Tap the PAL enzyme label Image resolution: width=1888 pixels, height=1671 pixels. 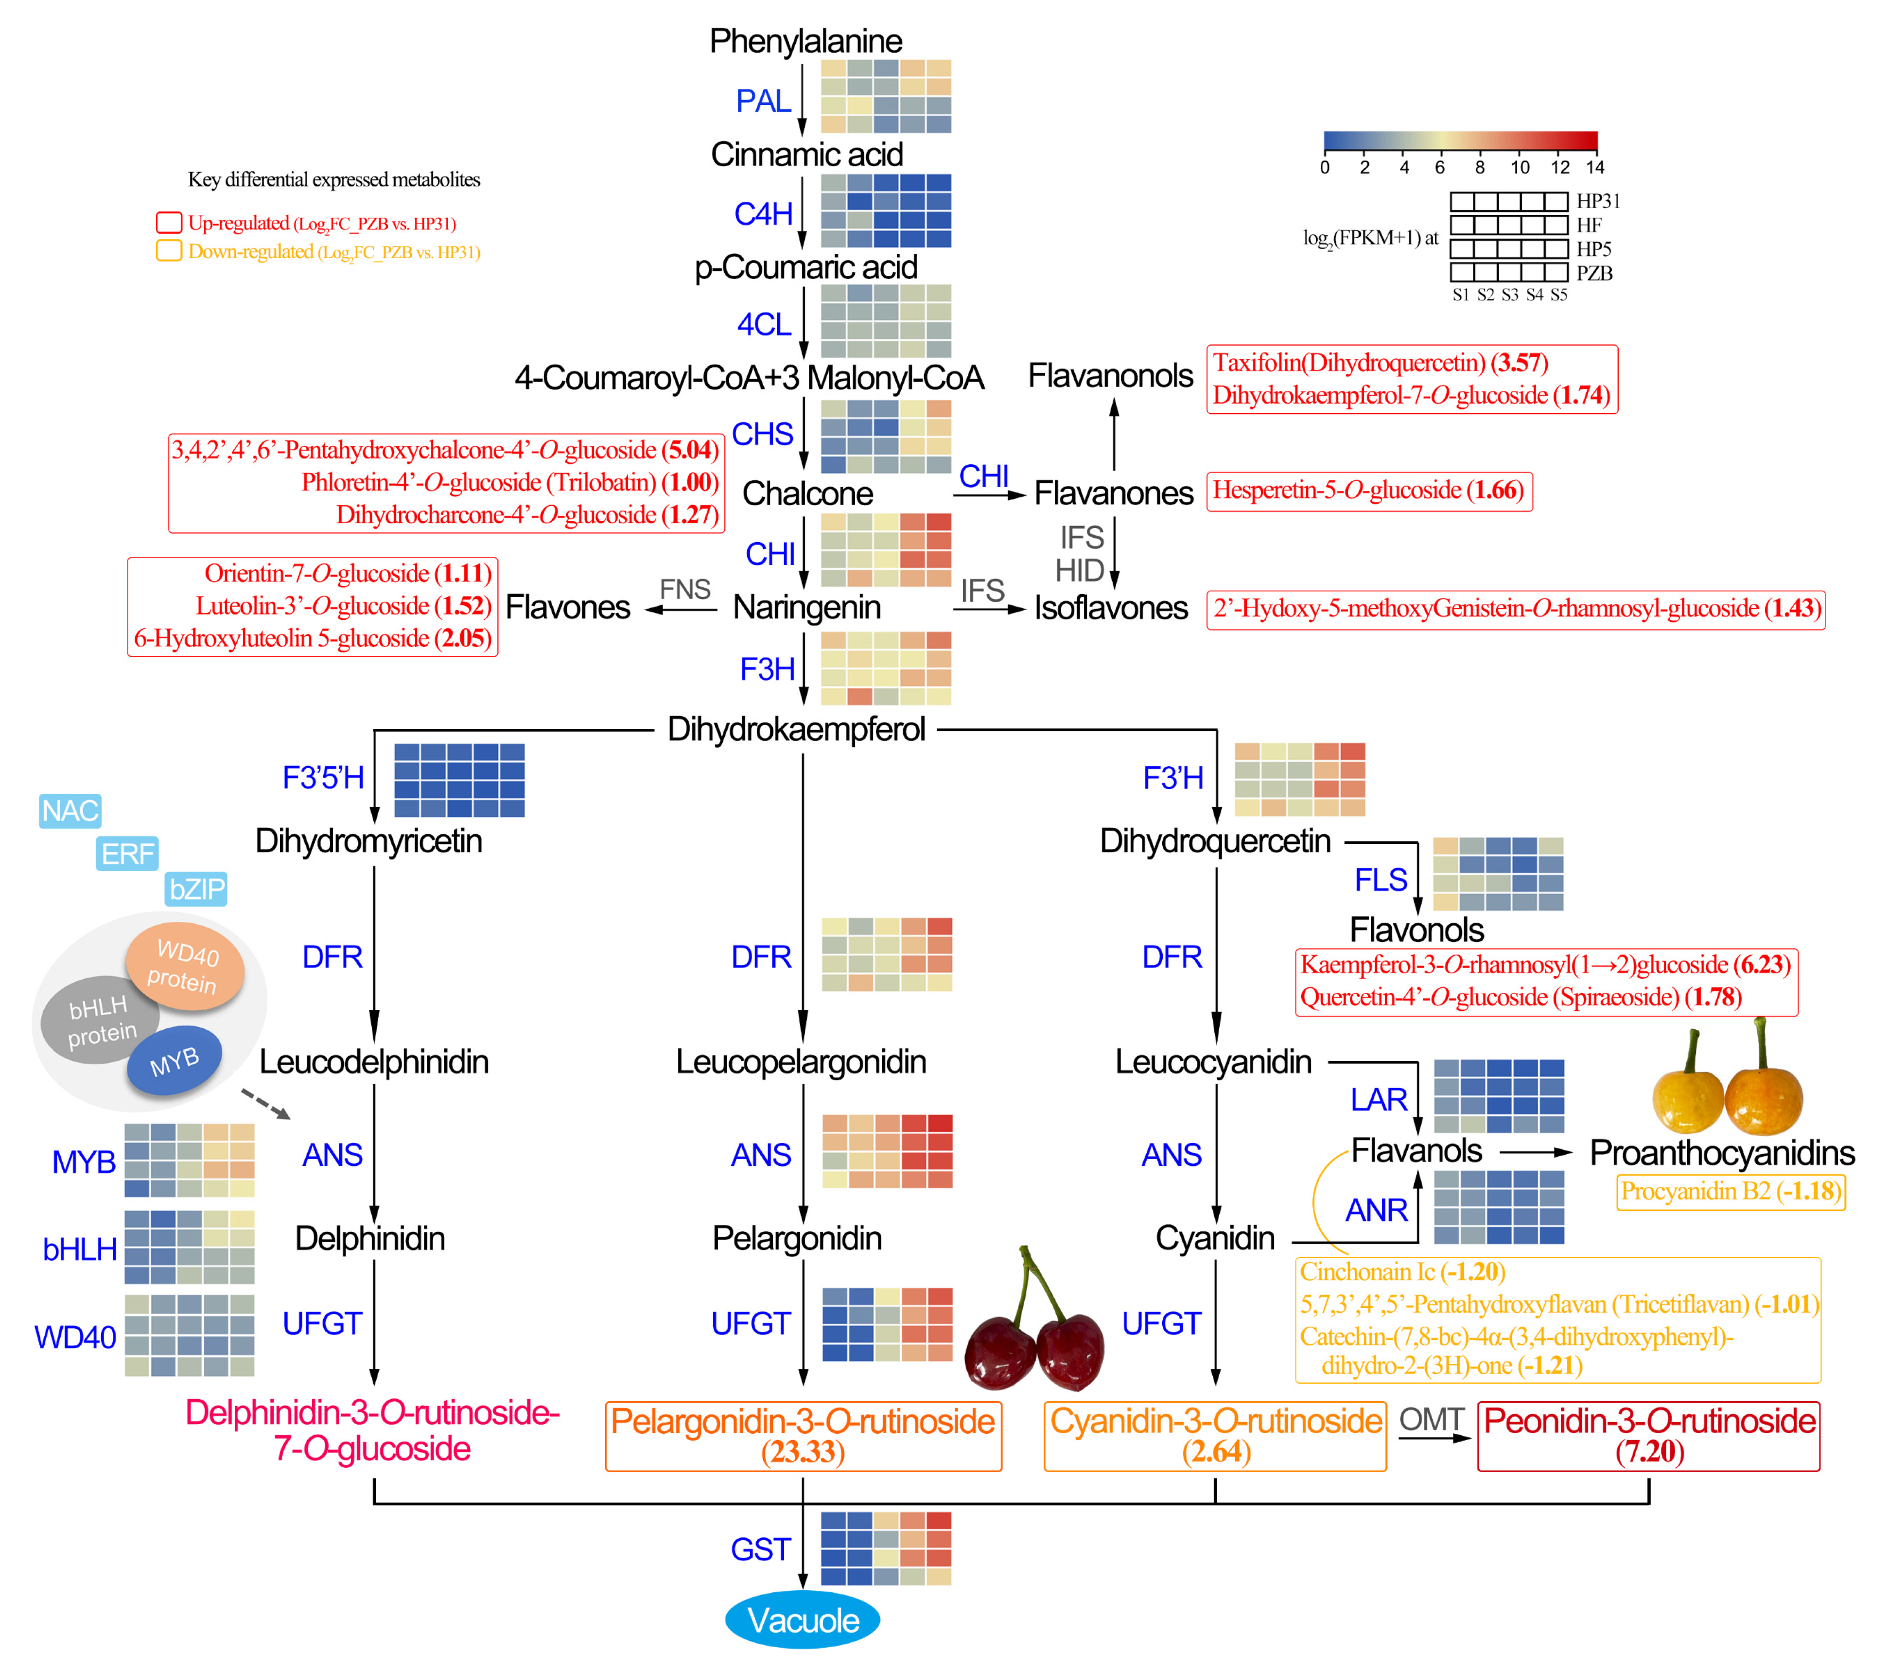pos(763,101)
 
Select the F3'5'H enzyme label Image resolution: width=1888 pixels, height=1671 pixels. pos(323,778)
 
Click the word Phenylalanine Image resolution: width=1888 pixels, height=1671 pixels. pos(805,41)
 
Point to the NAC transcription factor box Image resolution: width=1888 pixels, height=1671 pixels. pos(70,811)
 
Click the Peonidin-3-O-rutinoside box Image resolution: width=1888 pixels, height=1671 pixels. pos(1649,1436)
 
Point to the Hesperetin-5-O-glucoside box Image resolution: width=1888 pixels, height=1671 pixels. pos(1369,491)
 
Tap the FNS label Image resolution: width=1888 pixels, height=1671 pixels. pos(684,589)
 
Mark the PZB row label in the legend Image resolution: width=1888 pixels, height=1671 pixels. pos(1594,273)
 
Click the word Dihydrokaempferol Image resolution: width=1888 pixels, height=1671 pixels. pos(796,729)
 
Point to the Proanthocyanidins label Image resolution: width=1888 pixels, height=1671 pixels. pos(1722,1153)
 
